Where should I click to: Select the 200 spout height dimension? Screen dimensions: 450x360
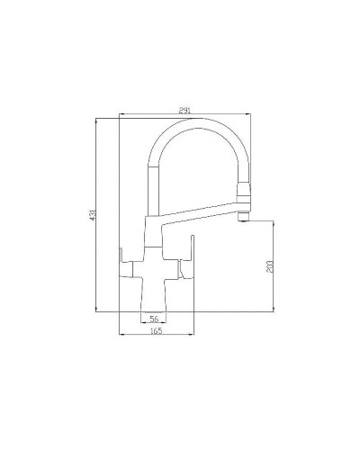point(272,266)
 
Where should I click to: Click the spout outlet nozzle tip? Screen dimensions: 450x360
point(241,218)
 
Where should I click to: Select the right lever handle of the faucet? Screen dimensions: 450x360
point(190,261)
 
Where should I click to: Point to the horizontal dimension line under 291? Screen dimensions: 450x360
point(184,115)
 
